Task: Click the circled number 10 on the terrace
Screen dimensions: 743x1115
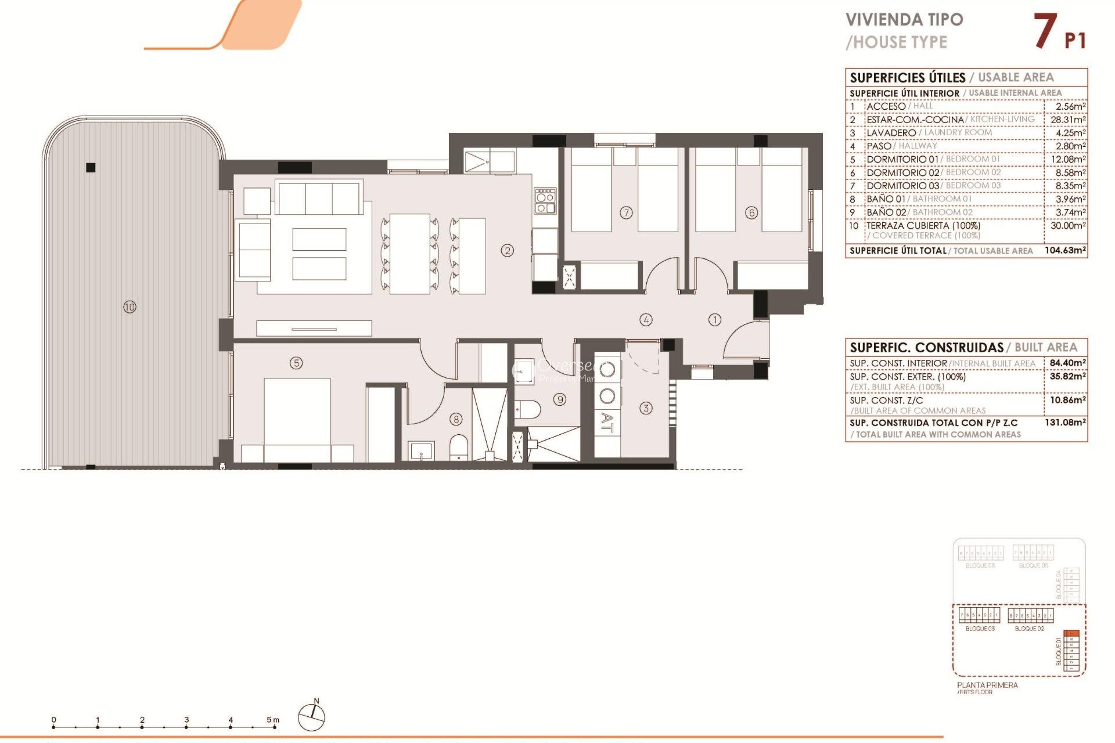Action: point(130,306)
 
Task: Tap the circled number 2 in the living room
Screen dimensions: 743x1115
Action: point(508,250)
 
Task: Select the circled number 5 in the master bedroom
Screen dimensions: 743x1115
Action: point(296,363)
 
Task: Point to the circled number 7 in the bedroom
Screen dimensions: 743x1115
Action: point(626,212)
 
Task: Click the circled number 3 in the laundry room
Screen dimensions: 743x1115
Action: point(646,408)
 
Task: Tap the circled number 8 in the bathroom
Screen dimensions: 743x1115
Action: point(456,419)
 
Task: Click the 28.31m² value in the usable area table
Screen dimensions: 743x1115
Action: point(1067,120)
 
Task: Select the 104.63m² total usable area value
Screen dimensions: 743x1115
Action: point(1065,250)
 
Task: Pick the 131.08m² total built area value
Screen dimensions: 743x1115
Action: point(1065,422)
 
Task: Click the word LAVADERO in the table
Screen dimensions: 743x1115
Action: point(891,133)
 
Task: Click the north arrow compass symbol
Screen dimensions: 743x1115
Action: point(312,716)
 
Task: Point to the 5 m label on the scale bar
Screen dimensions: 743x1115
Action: point(272,720)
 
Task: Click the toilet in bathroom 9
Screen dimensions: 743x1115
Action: point(528,410)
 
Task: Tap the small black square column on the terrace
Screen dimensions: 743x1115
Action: point(91,168)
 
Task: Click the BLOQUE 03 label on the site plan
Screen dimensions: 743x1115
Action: point(980,629)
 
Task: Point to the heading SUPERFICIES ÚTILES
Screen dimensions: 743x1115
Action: point(907,78)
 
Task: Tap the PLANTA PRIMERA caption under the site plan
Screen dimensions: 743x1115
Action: point(987,685)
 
